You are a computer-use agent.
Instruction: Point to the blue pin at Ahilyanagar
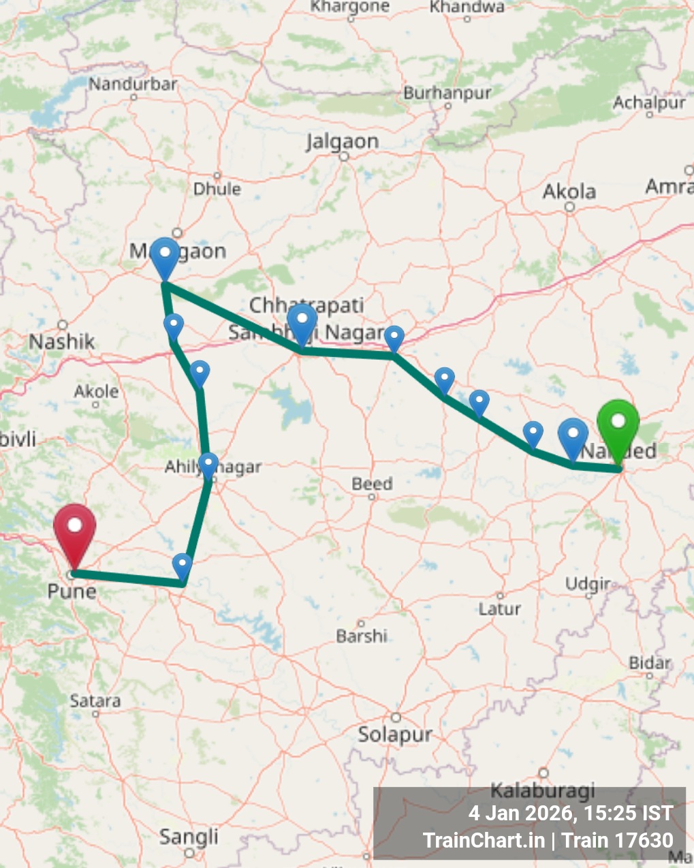click(x=208, y=465)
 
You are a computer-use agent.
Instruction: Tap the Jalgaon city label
click(x=342, y=142)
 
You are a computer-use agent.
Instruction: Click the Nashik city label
click(x=61, y=341)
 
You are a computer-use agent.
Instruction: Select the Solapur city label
click(x=395, y=734)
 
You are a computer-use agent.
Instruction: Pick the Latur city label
click(x=499, y=608)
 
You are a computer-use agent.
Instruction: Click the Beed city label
click(x=372, y=484)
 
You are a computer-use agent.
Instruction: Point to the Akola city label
click(x=569, y=191)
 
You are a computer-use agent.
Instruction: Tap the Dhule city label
click(x=217, y=189)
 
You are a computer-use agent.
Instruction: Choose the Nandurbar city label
click(x=133, y=84)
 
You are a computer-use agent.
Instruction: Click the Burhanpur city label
click(x=447, y=93)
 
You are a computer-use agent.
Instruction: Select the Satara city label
click(x=95, y=700)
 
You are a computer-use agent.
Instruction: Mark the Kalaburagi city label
click(x=543, y=790)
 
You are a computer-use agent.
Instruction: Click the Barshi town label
click(x=362, y=636)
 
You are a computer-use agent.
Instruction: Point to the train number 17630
click(x=644, y=841)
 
